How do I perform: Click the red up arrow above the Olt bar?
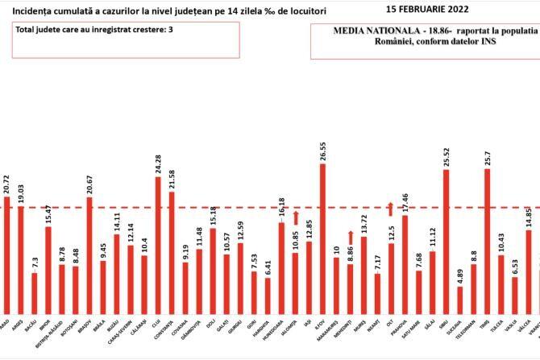coord(391,209)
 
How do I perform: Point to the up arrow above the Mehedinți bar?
coord(350,236)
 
